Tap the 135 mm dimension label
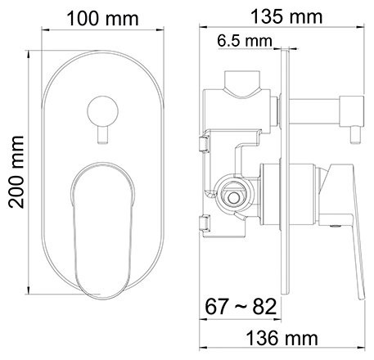(285, 16)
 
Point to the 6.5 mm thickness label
(245, 39)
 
